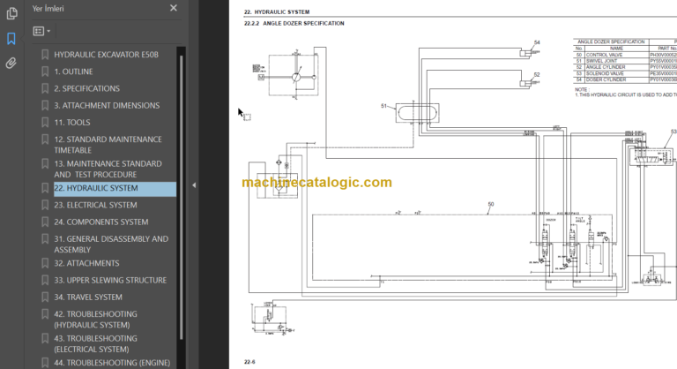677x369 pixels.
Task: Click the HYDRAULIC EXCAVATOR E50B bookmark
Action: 106,55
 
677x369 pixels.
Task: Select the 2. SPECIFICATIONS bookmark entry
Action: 86,88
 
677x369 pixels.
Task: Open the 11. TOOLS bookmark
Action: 71,122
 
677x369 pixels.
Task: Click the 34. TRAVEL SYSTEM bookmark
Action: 87,297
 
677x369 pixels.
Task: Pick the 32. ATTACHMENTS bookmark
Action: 86,263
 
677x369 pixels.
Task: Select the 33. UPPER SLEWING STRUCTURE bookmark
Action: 109,280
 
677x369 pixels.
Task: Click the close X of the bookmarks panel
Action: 174,8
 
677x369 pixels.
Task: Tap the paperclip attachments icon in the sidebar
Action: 11,63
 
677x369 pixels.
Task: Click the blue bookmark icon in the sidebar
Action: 11,39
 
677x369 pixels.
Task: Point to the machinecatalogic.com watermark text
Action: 316,183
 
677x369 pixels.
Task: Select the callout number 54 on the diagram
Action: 537,42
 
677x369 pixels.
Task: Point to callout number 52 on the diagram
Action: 537,75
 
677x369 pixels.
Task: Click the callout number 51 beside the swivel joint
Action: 384,106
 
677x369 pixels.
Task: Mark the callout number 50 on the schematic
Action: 490,204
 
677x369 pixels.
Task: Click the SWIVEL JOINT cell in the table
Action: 604,60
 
